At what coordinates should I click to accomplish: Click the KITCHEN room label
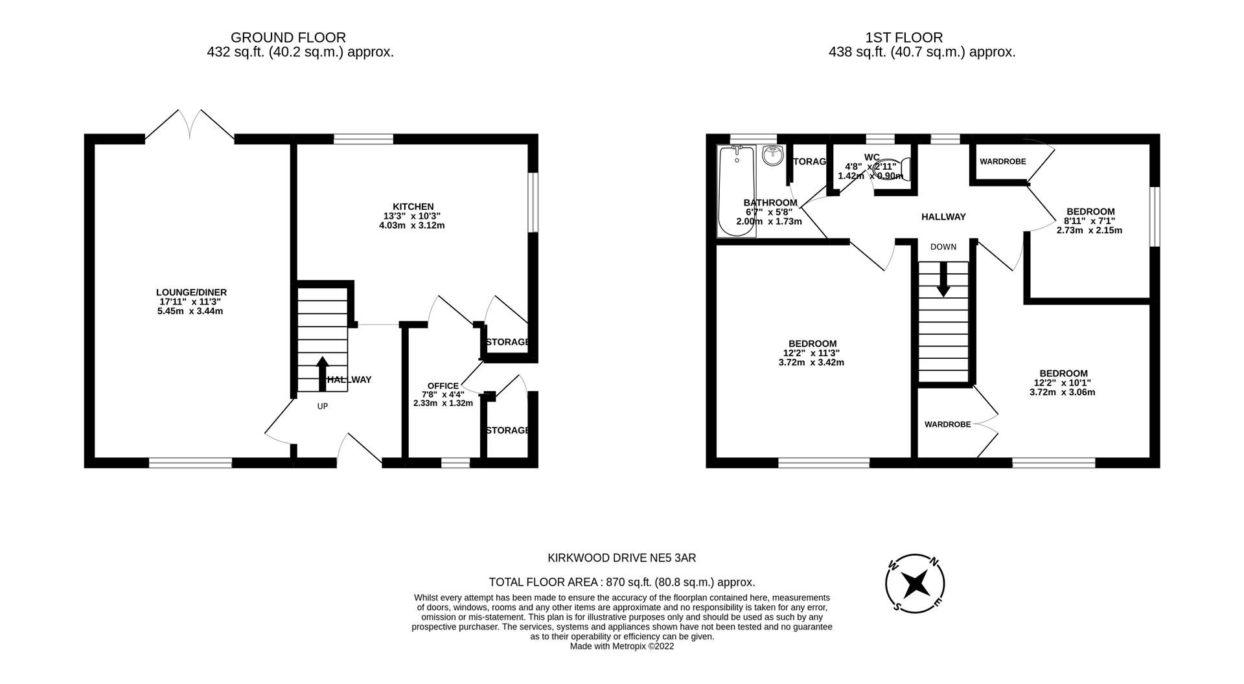click(x=412, y=207)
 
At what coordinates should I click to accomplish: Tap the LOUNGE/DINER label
click(x=191, y=292)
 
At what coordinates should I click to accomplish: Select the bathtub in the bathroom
click(x=736, y=191)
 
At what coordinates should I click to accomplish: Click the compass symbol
click(x=915, y=584)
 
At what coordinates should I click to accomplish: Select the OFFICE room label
click(x=443, y=386)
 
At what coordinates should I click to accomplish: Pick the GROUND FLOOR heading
click(x=288, y=38)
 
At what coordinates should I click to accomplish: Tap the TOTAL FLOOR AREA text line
click(x=621, y=582)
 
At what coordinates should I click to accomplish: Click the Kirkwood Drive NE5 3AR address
click(x=621, y=558)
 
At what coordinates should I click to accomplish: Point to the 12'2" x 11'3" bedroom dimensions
click(x=812, y=353)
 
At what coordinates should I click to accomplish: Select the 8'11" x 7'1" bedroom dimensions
click(x=1090, y=221)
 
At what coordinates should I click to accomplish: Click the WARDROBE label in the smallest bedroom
click(x=1002, y=161)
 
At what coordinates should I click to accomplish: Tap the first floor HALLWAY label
click(x=943, y=217)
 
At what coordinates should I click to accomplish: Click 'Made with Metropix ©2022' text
click(x=621, y=646)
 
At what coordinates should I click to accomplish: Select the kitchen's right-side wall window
click(x=533, y=201)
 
